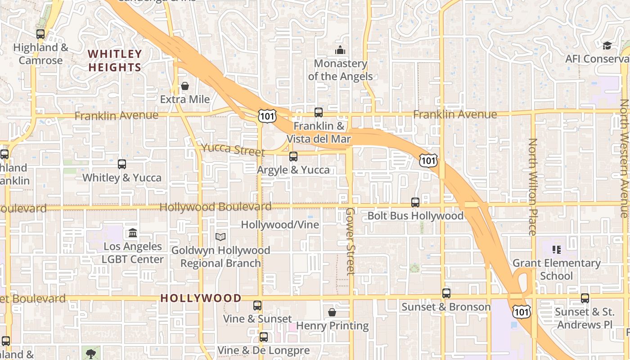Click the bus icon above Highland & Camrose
(40, 34)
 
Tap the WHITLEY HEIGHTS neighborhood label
(115, 61)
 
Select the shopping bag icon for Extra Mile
(185, 85)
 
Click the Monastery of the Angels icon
(340, 50)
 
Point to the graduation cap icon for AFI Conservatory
(607, 45)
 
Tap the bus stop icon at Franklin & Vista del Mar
(319, 112)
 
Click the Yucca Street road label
(233, 149)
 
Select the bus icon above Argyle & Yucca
(293, 156)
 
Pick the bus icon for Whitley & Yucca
(122, 164)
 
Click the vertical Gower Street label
(351, 241)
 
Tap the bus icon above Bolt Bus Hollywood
(415, 202)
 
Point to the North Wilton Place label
(533, 187)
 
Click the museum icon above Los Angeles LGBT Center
(133, 233)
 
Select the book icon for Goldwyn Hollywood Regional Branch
(220, 237)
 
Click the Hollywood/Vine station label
(280, 225)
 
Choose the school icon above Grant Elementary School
(557, 249)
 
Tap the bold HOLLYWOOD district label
(201, 298)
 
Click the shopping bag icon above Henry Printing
(332, 312)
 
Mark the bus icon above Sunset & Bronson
(446, 293)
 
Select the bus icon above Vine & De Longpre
(264, 337)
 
